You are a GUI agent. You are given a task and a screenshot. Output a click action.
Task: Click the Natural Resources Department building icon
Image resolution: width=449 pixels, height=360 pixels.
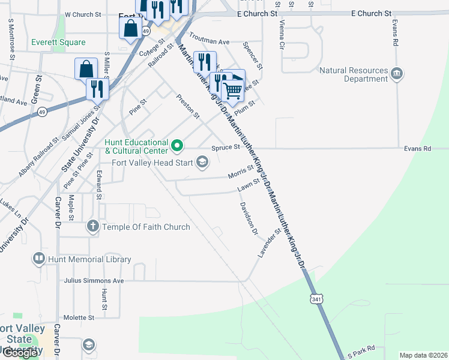point(397,73)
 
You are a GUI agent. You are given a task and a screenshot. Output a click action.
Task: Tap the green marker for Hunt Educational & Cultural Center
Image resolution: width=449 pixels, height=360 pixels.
point(177,145)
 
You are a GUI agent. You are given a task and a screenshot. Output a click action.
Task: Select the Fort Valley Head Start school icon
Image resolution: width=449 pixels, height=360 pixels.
point(202,161)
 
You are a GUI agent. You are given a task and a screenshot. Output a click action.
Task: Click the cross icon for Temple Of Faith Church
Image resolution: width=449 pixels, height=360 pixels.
point(92,226)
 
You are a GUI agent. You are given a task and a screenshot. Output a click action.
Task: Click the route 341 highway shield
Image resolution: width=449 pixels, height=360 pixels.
point(316,298)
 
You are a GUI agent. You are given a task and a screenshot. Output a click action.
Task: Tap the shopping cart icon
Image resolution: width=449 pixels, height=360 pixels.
point(232,91)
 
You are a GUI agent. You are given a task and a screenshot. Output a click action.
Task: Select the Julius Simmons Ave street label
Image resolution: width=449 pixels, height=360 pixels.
point(93,280)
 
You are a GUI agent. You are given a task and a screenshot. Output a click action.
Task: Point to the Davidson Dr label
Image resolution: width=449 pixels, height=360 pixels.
point(249,218)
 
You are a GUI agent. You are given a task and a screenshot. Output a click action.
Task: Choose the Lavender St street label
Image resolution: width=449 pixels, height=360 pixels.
point(270,243)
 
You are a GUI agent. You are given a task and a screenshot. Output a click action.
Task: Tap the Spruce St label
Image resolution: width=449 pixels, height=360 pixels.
point(226,147)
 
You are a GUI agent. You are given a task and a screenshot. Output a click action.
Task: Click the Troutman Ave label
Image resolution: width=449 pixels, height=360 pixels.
point(210,42)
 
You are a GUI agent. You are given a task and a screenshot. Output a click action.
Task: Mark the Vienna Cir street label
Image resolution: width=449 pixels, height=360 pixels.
point(282,34)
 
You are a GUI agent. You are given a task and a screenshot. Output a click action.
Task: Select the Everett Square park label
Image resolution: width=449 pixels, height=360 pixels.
point(59,43)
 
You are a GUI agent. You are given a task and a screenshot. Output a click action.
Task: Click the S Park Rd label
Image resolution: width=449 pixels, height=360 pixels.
point(361,351)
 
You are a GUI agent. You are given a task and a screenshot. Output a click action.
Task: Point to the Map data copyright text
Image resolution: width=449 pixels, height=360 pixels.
point(423,355)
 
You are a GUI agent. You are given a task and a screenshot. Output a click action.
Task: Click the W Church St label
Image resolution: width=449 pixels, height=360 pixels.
point(83,14)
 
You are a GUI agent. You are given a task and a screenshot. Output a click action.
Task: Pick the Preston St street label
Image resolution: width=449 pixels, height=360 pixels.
point(187,106)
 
